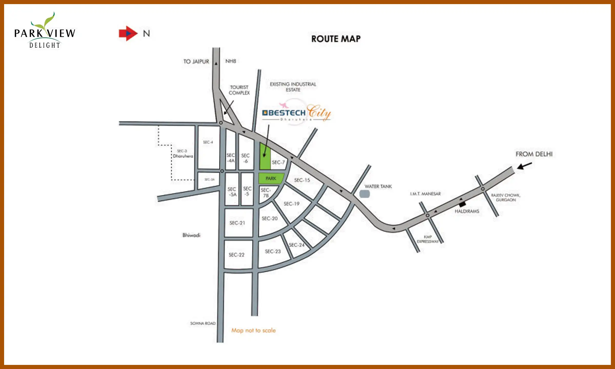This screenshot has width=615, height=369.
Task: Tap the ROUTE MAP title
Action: (x=336, y=39)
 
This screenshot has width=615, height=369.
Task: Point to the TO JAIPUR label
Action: (x=196, y=61)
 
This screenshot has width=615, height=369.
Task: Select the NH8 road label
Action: (x=231, y=61)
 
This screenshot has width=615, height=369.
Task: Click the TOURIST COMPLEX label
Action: (x=239, y=90)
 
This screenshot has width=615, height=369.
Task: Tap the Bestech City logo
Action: (x=296, y=113)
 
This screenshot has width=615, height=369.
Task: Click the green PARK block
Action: (x=271, y=178)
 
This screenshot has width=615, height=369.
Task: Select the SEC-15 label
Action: (x=302, y=180)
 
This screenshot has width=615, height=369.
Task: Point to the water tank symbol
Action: (x=364, y=194)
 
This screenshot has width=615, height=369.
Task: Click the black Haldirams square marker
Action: (x=462, y=204)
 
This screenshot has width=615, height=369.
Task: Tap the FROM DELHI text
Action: (x=534, y=154)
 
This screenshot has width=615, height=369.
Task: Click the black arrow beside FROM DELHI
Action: (x=524, y=166)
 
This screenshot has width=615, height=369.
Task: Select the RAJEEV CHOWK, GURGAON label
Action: (x=506, y=197)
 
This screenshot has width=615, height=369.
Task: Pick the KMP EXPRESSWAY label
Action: (x=428, y=239)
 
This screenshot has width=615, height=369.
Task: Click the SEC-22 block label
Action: (x=237, y=255)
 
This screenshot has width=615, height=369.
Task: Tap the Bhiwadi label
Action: (x=191, y=235)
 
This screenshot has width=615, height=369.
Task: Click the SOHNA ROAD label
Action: (x=203, y=323)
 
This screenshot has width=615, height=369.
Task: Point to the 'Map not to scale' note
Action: (x=253, y=330)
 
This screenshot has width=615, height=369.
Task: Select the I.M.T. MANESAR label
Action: (x=425, y=194)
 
